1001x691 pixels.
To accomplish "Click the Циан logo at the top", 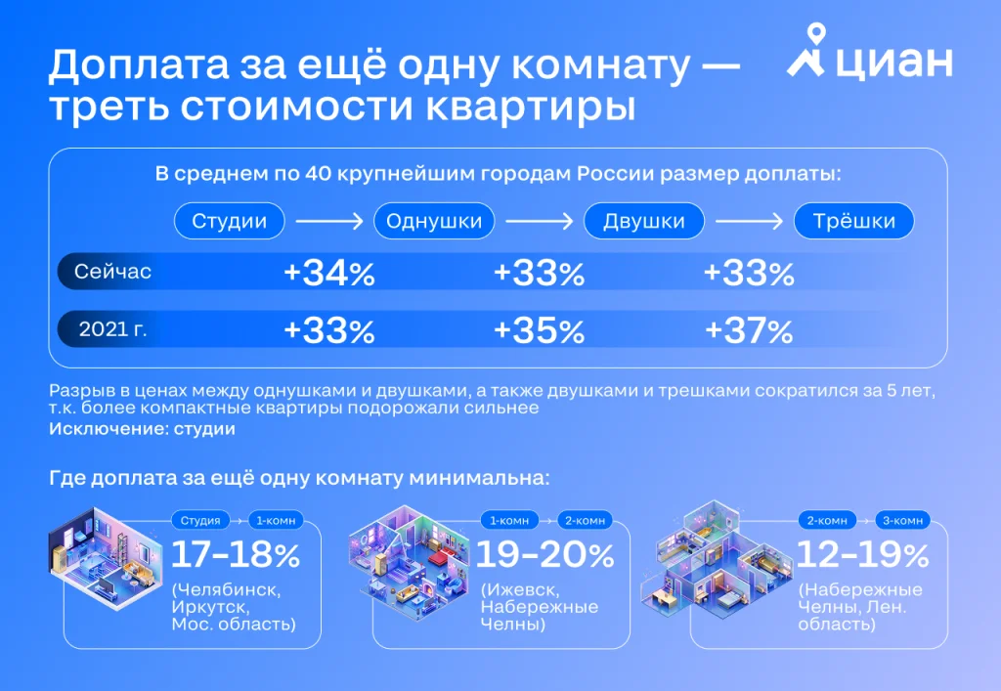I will pyautogui.click(x=869, y=62).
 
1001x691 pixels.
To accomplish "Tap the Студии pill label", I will pyautogui.click(x=229, y=221).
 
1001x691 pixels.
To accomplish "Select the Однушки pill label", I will pyautogui.click(x=434, y=221).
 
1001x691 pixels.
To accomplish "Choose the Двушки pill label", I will pyautogui.click(x=643, y=221).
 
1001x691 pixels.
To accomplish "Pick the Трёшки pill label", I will pyautogui.click(x=854, y=221).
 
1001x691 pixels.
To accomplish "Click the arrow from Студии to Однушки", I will pyautogui.click(x=328, y=222).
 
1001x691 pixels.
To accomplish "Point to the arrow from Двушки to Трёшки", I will pyautogui.click(x=749, y=222).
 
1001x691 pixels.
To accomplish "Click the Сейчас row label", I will pyautogui.click(x=115, y=272).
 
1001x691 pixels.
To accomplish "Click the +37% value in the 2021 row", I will pyautogui.click(x=749, y=331).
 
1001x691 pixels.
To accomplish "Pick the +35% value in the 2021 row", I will pyautogui.click(x=539, y=331).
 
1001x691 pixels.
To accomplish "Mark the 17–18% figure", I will pyautogui.click(x=236, y=555).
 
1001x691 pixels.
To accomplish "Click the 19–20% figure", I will pyautogui.click(x=544, y=555).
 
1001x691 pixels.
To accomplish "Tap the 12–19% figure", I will pyautogui.click(x=863, y=555).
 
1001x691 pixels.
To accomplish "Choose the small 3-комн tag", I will pyautogui.click(x=905, y=519).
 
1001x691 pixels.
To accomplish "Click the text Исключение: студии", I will pyautogui.click(x=142, y=428).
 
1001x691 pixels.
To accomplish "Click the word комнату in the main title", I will pyautogui.click(x=588, y=66).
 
